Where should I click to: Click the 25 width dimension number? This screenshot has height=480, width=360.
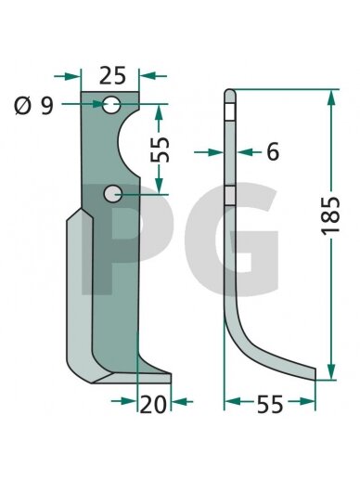pyautogui.click(x=112, y=76)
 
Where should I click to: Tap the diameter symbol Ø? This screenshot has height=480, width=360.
pyautogui.click(x=23, y=106)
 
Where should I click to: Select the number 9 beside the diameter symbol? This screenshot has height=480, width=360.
pyautogui.click(x=47, y=106)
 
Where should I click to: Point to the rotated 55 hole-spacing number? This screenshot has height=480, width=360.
pyautogui.click(x=161, y=149)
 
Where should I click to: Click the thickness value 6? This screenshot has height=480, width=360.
pyautogui.click(x=273, y=151)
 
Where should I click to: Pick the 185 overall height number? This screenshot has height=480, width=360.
pyautogui.click(x=331, y=215)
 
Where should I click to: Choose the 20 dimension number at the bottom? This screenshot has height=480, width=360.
pyautogui.click(x=153, y=405)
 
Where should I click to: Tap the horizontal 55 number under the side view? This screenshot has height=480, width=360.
pyautogui.click(x=270, y=405)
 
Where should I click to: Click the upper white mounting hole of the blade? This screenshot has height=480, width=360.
pyautogui.click(x=111, y=105)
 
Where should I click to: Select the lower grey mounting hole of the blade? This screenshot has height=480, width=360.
pyautogui.click(x=112, y=194)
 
